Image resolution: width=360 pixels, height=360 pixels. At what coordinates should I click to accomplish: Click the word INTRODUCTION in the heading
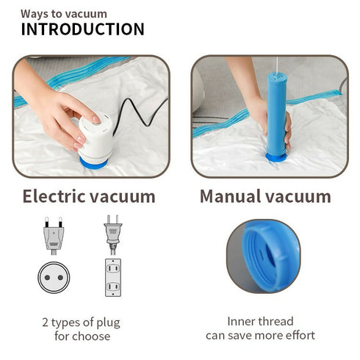[x=82, y=29]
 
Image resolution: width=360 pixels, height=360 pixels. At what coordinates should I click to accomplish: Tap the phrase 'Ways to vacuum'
[x=63, y=13]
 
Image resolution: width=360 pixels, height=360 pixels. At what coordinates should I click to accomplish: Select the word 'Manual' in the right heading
[x=231, y=196]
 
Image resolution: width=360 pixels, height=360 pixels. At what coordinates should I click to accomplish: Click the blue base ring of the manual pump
[x=276, y=156]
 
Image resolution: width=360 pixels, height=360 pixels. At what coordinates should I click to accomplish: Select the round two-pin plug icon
[x=54, y=234]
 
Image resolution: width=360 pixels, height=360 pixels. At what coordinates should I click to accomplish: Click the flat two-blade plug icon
[x=112, y=234]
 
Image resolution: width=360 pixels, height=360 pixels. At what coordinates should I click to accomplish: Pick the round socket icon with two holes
[x=54, y=278]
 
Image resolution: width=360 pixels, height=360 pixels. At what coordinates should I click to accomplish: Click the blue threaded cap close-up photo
[x=262, y=256]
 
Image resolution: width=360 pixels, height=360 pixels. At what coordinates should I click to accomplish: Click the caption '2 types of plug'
[x=81, y=323]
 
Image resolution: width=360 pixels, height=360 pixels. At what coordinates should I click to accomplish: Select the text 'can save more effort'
[x=260, y=336]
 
